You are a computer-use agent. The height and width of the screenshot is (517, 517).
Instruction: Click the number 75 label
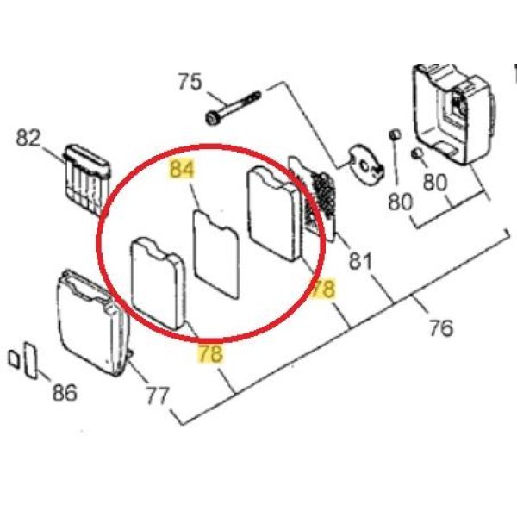coord(190,82)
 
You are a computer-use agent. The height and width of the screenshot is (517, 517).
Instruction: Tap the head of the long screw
coord(212,118)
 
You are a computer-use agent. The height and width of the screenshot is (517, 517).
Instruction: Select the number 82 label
coord(28,138)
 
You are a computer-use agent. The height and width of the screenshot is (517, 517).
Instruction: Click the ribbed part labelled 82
coord(87,179)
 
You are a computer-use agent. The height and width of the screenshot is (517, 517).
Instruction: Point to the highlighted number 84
coord(182,169)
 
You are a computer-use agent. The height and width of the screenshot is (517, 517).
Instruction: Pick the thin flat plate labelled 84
coord(216,255)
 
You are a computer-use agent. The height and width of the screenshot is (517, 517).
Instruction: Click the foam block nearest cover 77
coord(159,283)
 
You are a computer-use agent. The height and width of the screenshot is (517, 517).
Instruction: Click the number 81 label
coord(360,261)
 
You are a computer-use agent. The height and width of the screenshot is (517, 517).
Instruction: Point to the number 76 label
coord(441,327)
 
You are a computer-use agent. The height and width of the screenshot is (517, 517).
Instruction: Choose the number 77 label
coord(158,396)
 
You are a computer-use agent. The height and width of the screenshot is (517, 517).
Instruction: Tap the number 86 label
coord(65,392)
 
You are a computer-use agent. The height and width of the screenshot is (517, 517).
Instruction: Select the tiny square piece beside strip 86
coord(14,359)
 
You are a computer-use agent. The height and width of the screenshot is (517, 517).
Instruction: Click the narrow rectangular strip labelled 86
coord(32,361)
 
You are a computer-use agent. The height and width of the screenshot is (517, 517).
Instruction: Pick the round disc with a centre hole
coord(365,162)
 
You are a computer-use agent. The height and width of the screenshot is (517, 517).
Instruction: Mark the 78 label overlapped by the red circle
coord(323,289)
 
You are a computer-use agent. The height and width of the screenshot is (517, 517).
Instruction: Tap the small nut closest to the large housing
coord(417,153)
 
